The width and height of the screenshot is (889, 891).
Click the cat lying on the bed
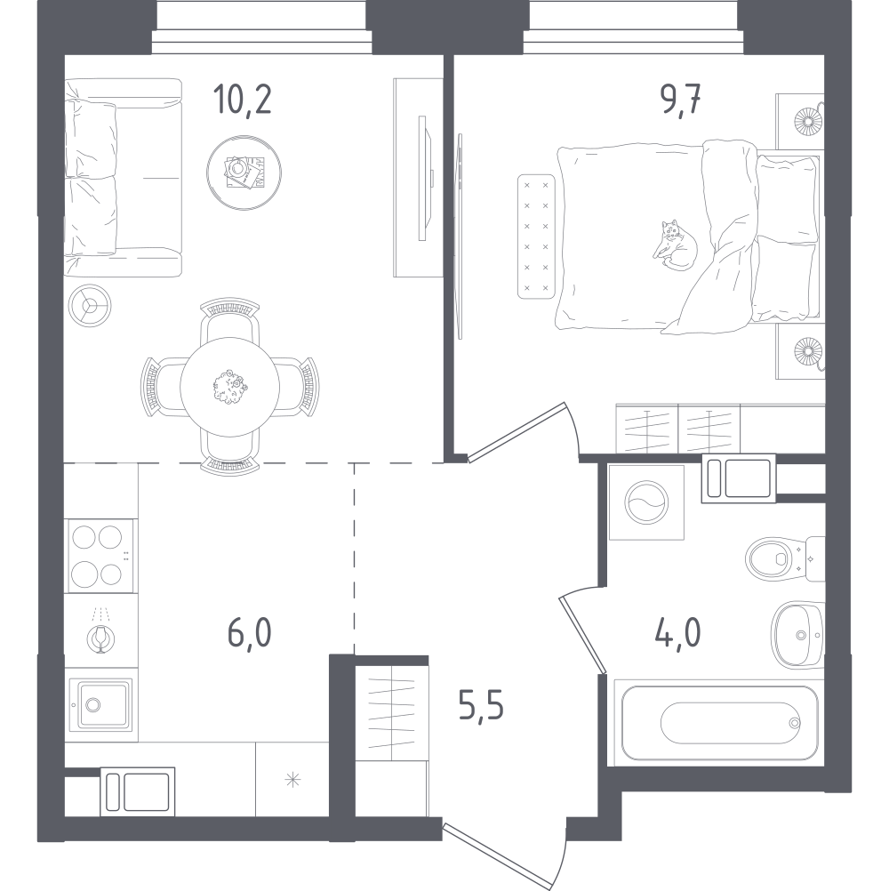click(x=675, y=245)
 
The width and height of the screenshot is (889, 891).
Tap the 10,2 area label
click(x=243, y=99)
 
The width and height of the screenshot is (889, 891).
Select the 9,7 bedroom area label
click(x=680, y=99)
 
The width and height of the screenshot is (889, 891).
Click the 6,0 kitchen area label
click(x=250, y=633)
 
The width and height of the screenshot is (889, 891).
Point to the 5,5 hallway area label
click(x=481, y=706)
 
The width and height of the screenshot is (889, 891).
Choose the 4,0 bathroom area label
click(x=677, y=633)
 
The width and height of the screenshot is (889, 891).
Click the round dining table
click(x=229, y=387)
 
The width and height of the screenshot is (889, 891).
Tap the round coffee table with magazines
click(x=244, y=173)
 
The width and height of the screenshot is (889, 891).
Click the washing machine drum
click(x=646, y=502)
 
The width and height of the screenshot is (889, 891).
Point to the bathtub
click(x=719, y=723)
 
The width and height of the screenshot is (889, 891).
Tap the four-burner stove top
click(x=100, y=556)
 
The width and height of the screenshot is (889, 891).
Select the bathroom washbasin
click(x=797, y=635)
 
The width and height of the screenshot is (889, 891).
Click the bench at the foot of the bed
click(x=536, y=237)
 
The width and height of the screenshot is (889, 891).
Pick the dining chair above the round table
click(x=229, y=320)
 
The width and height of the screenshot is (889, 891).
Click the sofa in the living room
click(x=123, y=177)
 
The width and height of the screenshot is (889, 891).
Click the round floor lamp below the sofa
click(x=89, y=306)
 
